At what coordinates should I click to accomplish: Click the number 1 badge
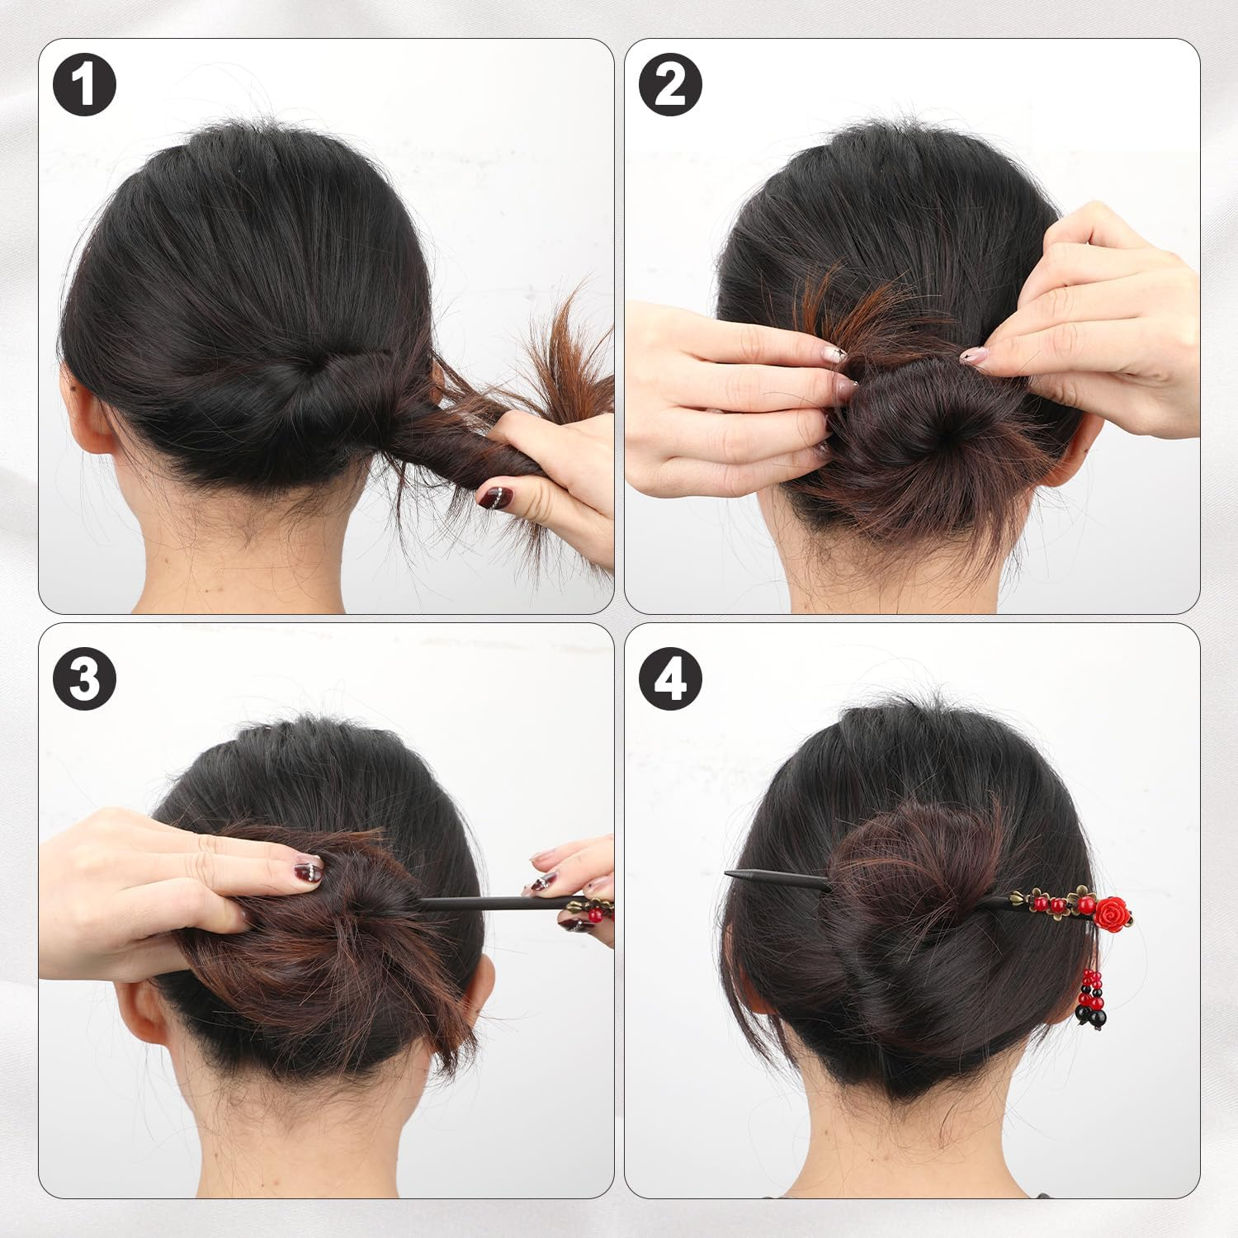(84, 84)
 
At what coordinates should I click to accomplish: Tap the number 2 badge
(670, 84)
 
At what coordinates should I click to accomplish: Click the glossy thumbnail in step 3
(309, 869)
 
